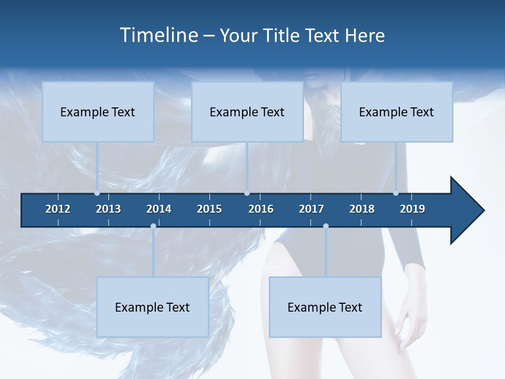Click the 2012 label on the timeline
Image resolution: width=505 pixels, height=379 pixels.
point(58,209)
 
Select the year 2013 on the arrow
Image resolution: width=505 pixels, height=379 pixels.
point(108,209)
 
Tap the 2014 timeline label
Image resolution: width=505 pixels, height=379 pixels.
point(159,209)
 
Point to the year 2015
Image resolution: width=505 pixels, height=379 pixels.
point(209,209)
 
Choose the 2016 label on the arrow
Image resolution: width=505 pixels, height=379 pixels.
point(261,209)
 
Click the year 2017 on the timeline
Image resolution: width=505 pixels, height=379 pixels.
point(311,209)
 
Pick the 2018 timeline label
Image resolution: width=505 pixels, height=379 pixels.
point(362,209)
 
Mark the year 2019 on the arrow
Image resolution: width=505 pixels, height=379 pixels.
point(412,209)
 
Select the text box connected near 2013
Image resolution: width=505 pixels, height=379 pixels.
point(98,112)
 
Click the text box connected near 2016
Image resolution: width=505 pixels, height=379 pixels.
point(247,112)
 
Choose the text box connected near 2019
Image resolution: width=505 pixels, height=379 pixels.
point(397,112)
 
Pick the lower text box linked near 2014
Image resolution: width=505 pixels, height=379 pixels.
point(153,307)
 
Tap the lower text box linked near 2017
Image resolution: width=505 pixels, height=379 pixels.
point(325,307)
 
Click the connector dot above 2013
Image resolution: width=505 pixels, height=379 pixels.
point(97,193)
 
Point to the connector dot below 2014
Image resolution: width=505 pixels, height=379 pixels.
point(153,226)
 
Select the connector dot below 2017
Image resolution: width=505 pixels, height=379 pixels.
point(326,226)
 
